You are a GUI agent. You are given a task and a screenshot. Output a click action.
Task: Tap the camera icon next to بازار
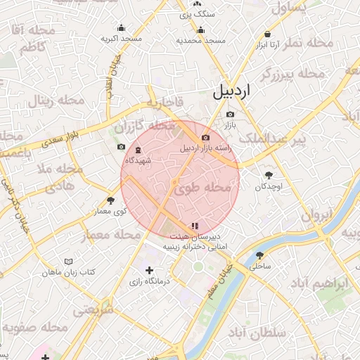230,114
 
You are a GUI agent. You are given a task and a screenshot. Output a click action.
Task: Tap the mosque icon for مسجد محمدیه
201,30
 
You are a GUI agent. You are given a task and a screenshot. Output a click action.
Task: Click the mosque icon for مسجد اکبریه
121,28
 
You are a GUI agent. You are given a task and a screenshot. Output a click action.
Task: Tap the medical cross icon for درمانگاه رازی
148,270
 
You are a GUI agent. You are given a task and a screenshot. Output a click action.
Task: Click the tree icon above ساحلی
260,255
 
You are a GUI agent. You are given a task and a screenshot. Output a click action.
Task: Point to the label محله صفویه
34,328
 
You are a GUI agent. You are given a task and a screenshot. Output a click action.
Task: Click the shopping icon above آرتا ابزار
268,34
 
